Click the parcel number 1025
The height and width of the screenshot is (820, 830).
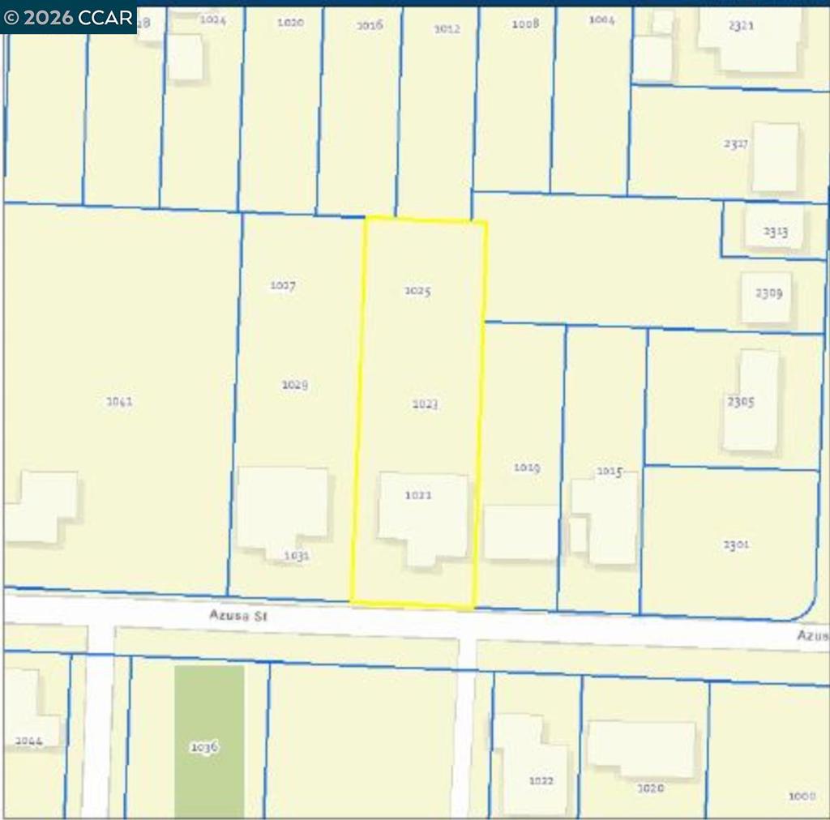(x=417, y=291)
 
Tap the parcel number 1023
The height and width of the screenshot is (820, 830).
(x=425, y=404)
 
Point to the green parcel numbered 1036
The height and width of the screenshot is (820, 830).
(x=209, y=741)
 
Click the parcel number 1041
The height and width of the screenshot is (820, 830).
(x=120, y=401)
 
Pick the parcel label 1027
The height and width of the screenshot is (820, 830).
(x=283, y=285)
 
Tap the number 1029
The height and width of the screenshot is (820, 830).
(x=294, y=385)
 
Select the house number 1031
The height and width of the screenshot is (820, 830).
(x=297, y=556)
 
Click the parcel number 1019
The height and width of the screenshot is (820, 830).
(x=527, y=468)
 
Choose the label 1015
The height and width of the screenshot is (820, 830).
(x=609, y=472)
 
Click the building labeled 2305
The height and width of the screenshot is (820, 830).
(x=750, y=401)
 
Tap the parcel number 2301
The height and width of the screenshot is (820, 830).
(x=736, y=545)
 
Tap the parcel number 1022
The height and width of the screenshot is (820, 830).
(x=541, y=780)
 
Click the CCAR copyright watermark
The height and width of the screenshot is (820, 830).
(x=68, y=17)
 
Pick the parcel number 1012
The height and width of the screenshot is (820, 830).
(x=447, y=28)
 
